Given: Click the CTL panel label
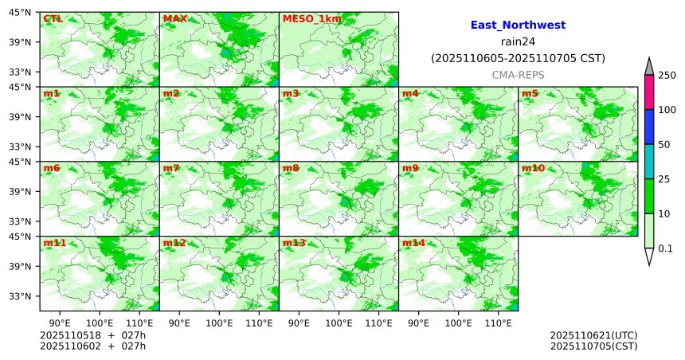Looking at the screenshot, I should [x=53, y=19].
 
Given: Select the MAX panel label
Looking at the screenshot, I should [x=175, y=19].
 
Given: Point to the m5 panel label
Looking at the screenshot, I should [x=530, y=94].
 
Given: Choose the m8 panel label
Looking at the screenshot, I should [x=291, y=169].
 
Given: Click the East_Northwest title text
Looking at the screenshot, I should [x=518, y=25].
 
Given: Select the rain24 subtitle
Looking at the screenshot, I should [x=518, y=42].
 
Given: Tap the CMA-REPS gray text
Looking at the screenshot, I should [x=518, y=74].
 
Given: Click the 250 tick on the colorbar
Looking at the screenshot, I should [x=667, y=75].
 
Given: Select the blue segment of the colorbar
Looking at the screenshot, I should [x=648, y=127].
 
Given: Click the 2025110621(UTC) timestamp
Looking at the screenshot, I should [x=593, y=335].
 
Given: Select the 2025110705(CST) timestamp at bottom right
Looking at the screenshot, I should [x=593, y=346].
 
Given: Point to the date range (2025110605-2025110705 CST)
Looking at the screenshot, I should [x=518, y=58].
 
